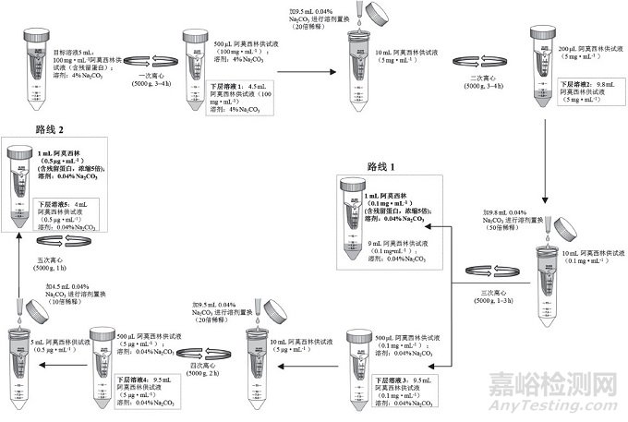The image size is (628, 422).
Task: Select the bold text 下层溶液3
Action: coord(392,380)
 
